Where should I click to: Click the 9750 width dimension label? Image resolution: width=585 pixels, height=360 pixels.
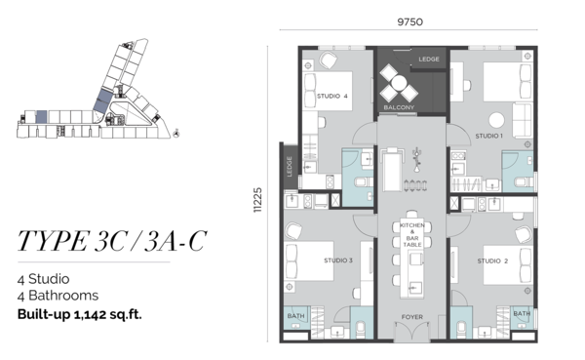410,22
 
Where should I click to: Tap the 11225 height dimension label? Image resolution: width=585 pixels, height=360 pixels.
257,200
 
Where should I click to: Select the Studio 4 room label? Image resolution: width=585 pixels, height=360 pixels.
332,97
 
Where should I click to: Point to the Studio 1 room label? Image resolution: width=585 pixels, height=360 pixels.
489,136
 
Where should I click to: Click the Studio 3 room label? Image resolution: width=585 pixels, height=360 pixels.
338,260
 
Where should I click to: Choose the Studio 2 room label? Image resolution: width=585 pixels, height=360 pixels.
492,261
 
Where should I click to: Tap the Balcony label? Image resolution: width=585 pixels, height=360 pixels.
399,107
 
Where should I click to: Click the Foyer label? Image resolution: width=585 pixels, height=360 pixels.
412,317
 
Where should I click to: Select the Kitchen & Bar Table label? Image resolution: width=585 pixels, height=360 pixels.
412,235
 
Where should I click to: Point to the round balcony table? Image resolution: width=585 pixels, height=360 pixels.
399,83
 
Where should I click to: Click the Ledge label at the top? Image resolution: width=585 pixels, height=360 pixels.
429,59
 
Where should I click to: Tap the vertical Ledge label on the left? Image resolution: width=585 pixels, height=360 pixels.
290,167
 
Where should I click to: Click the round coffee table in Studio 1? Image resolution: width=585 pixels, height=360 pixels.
496,120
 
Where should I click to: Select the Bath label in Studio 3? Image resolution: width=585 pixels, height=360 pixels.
295,316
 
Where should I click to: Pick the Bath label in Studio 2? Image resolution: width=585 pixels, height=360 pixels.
522,313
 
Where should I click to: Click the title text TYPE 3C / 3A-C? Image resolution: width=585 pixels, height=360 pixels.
112,241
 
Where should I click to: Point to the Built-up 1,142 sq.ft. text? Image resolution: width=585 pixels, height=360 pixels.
80,314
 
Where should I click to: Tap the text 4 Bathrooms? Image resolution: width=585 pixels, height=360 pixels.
58,296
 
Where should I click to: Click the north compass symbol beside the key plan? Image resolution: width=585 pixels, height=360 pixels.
176,133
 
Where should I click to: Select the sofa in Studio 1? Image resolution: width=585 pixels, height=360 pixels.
522,120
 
